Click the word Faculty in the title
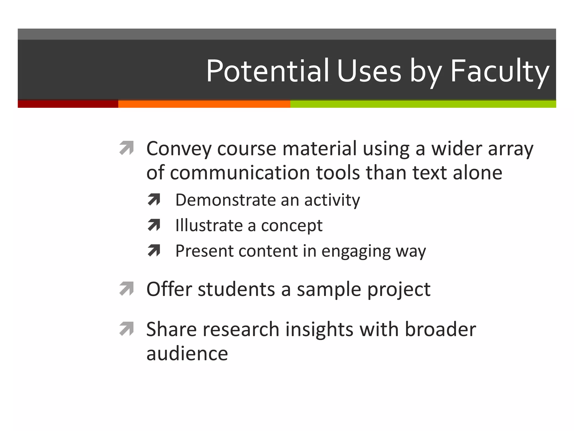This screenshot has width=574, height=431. coord(499,71)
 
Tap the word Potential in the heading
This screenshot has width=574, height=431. coord(267,71)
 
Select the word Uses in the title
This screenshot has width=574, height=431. coord(369,71)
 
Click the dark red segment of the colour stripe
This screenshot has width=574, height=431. coord(68,104)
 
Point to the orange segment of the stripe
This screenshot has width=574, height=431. coord(204,104)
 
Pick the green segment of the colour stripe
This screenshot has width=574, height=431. coord(423,104)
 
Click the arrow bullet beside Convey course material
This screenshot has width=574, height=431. coord(126,148)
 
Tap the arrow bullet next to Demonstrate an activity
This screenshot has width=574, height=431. coord(154,200)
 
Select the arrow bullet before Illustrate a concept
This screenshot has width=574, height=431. coord(154,225)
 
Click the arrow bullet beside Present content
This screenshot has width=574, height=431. coord(154,251)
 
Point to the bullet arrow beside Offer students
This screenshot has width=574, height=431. coord(126,289)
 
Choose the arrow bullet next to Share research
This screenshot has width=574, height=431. coord(126,329)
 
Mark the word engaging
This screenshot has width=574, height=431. coord(356,251)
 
